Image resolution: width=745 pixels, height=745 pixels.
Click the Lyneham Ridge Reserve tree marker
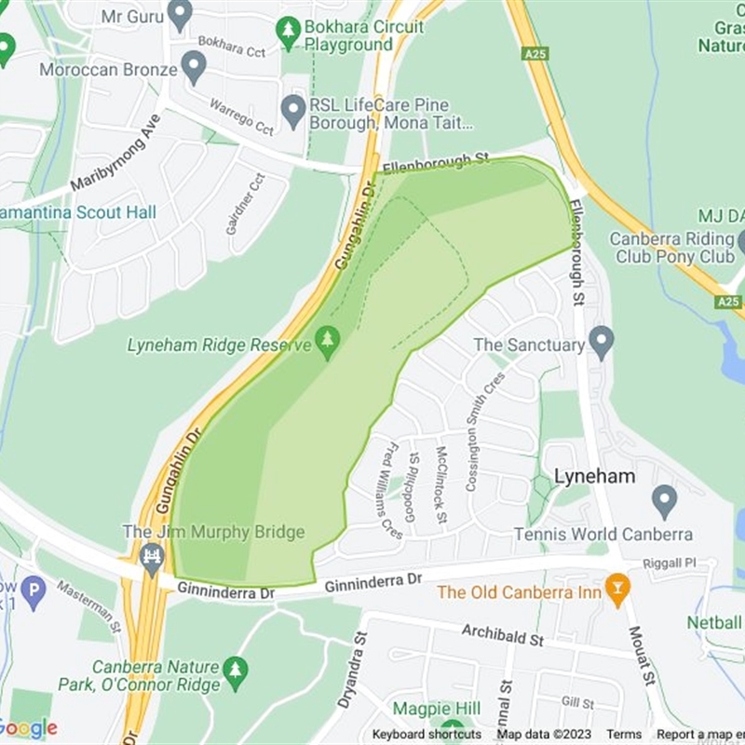click(x=327, y=342)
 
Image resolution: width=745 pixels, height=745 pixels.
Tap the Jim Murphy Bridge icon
click(x=151, y=557)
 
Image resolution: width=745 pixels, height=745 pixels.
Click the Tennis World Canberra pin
click(x=664, y=500)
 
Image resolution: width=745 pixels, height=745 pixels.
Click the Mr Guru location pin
click(x=180, y=14)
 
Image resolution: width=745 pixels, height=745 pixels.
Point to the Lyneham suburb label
click(x=594, y=476)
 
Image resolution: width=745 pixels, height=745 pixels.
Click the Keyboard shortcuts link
click(x=427, y=735)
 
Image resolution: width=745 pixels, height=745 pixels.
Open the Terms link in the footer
click(x=624, y=735)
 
